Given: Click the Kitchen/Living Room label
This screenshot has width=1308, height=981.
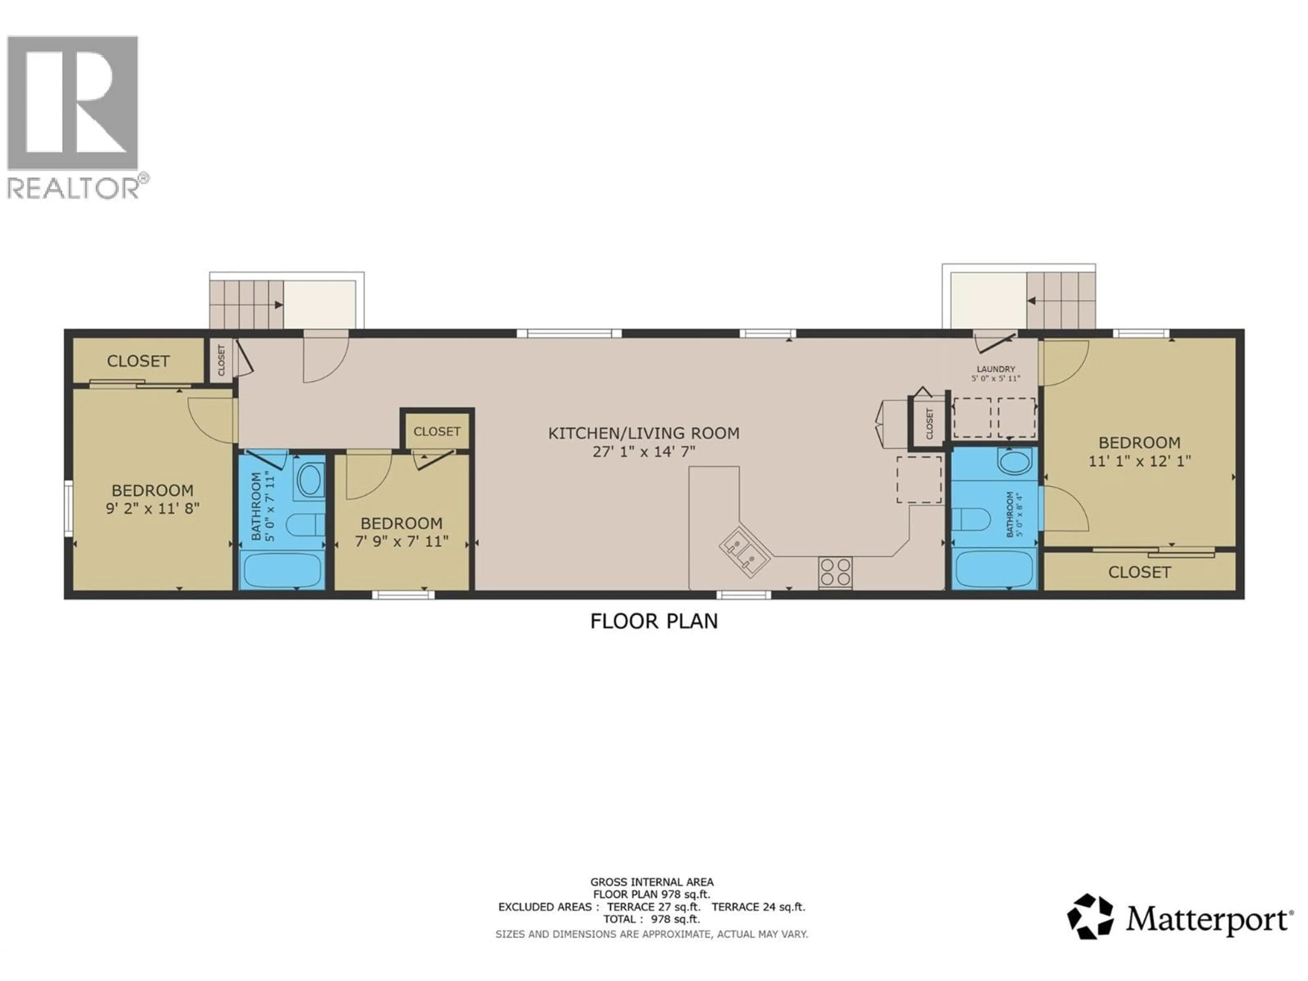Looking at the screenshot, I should (x=643, y=433).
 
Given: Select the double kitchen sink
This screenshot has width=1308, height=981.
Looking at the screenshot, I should (x=744, y=550).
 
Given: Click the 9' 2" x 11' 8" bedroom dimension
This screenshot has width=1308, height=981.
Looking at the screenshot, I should (x=153, y=508).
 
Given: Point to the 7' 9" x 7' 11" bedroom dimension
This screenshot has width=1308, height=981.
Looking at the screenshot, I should (x=402, y=541).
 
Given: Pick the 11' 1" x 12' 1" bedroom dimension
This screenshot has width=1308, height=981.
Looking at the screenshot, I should (x=1139, y=461).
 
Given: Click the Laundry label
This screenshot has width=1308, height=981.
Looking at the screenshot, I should (x=996, y=369).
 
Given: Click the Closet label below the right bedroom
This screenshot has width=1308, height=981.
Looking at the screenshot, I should (x=1139, y=572).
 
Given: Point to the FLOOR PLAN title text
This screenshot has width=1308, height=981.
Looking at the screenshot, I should (x=654, y=621).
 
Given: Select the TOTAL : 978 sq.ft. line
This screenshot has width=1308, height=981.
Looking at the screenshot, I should (x=652, y=919).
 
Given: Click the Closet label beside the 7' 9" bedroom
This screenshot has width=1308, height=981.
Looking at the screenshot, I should (x=437, y=432).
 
